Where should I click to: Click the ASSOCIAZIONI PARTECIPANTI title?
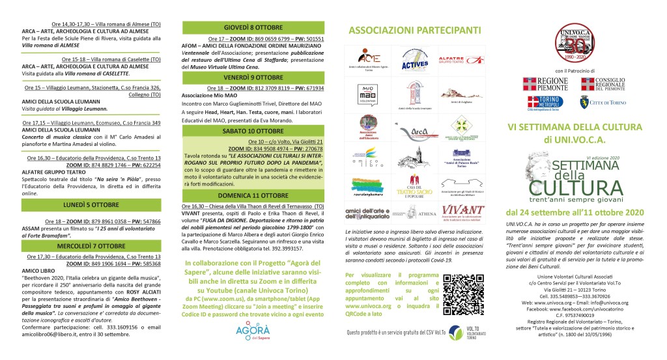coord(415,30)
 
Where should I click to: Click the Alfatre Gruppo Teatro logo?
coord(462,61)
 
